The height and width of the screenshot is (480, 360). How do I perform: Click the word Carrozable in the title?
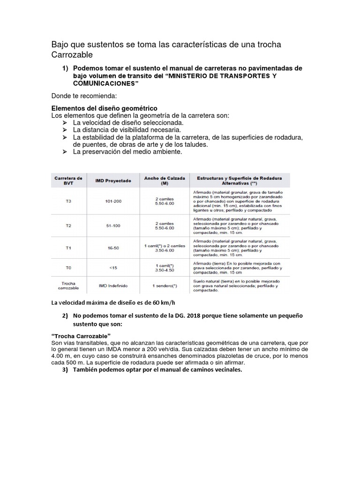click(x=69, y=55)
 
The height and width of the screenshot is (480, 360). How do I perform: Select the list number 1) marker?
click(x=66, y=68)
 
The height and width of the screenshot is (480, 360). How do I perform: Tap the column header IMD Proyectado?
click(x=113, y=180)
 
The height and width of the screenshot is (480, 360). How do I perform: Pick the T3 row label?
click(x=68, y=202)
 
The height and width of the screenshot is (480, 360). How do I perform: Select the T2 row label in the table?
click(x=68, y=225)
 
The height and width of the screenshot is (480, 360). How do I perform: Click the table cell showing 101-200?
click(x=113, y=202)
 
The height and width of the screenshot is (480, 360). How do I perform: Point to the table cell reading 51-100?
click(x=113, y=225)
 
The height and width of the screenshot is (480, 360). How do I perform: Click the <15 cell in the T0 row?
click(x=113, y=268)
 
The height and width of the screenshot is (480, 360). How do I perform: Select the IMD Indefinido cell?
click(x=113, y=285)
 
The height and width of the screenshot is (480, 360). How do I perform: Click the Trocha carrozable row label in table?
click(x=68, y=285)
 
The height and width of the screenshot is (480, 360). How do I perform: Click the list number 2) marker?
click(x=65, y=315)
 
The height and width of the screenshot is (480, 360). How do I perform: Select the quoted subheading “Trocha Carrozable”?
click(x=80, y=337)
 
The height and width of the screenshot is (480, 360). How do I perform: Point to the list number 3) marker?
click(x=65, y=370)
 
